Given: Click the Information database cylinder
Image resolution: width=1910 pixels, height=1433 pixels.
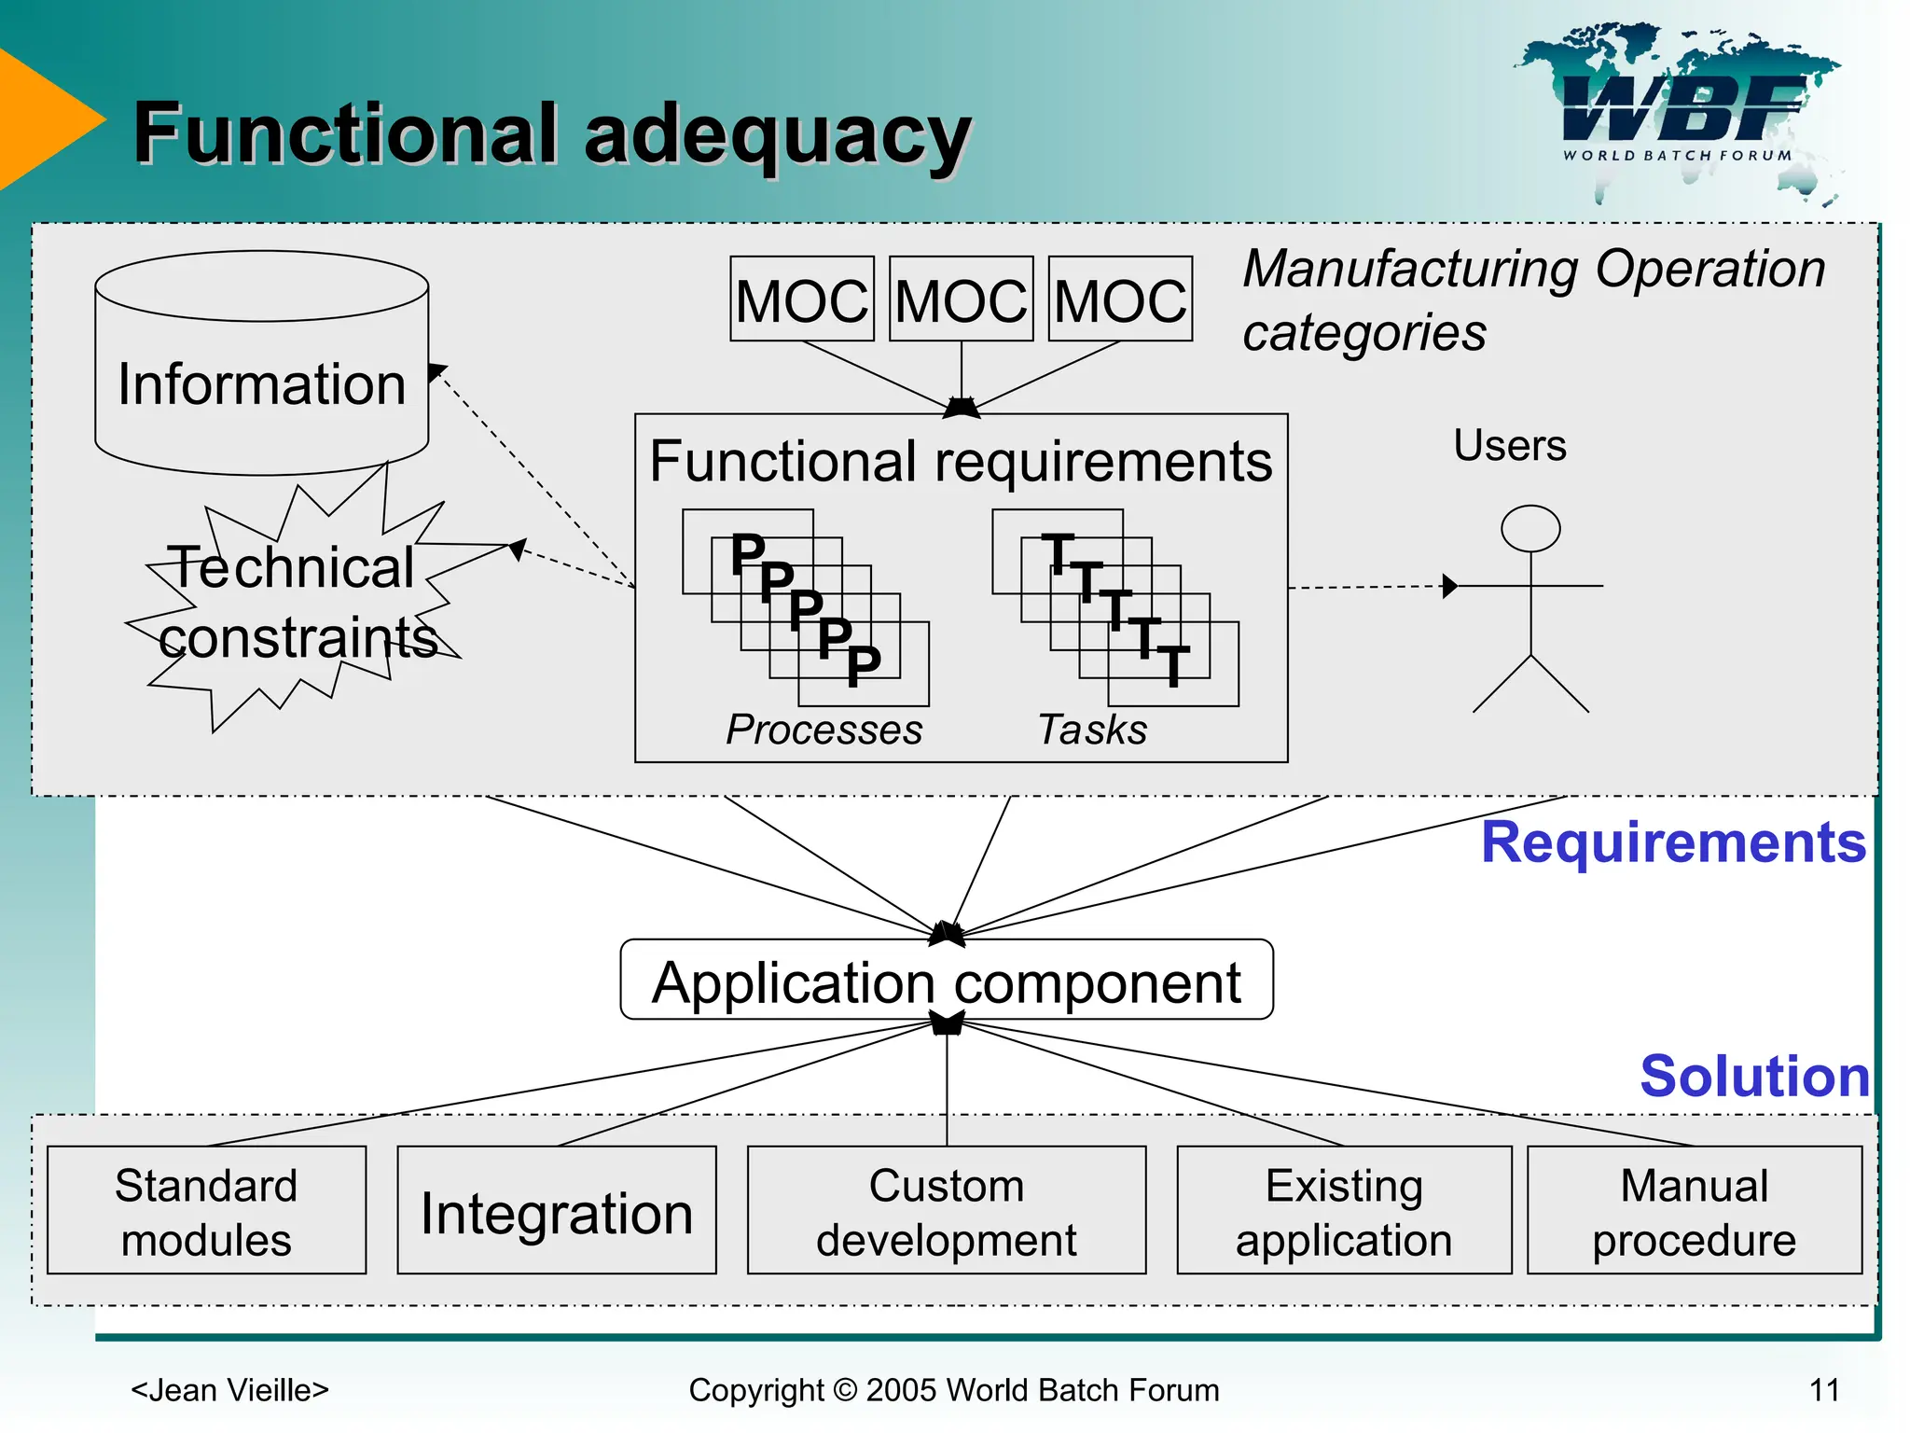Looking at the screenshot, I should (261, 383).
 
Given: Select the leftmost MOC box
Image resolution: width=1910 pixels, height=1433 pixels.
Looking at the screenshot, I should (801, 299).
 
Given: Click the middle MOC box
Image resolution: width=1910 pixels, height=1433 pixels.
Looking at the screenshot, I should (961, 299).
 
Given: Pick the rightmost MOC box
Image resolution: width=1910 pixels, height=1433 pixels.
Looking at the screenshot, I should (1120, 299).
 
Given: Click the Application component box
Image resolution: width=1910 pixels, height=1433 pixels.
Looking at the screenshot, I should (946, 981).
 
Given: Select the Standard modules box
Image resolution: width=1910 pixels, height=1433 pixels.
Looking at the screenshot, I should (206, 1210).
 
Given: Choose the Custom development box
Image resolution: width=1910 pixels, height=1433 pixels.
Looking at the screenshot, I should (946, 1210).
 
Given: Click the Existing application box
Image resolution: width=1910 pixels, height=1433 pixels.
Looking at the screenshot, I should (1344, 1210).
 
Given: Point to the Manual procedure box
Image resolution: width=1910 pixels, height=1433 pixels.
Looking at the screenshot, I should (1694, 1210).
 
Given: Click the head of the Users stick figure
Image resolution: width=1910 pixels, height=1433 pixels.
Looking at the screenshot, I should (1530, 529).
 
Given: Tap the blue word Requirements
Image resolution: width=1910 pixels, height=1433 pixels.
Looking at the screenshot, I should (1673, 842).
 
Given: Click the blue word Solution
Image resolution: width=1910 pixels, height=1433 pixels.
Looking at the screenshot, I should (1754, 1076).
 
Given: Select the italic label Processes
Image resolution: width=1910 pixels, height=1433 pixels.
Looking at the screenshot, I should (824, 730).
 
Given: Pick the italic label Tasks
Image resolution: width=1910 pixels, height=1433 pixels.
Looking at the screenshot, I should (1092, 730).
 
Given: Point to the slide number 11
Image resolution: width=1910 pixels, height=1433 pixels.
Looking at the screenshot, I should (1824, 1390).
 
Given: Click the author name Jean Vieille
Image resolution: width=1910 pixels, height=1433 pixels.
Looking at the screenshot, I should (230, 1390).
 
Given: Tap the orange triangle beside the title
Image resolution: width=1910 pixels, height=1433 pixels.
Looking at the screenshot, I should (42, 119).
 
